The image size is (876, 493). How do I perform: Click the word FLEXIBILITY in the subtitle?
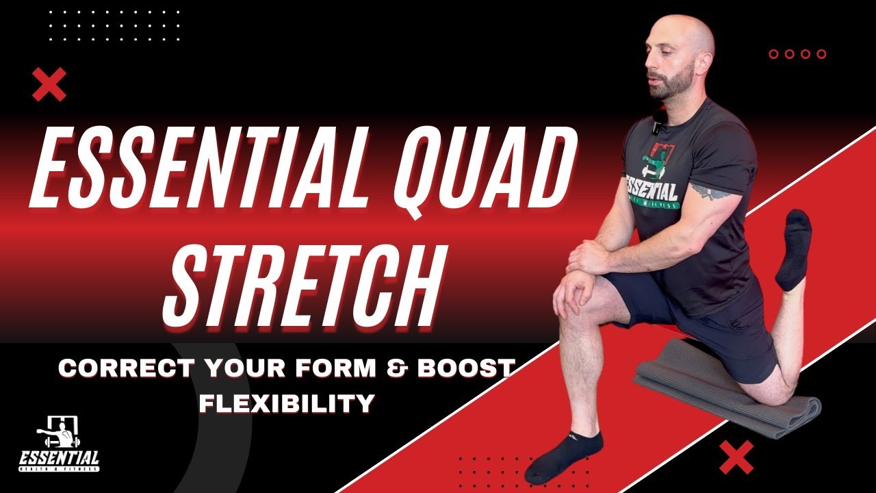click(x=287, y=403)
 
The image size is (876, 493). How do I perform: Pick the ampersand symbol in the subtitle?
click(x=407, y=369)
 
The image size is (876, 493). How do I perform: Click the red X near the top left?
click(x=49, y=84)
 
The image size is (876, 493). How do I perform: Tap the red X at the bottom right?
click(x=736, y=457)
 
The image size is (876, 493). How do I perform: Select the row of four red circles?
click(x=797, y=54)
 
